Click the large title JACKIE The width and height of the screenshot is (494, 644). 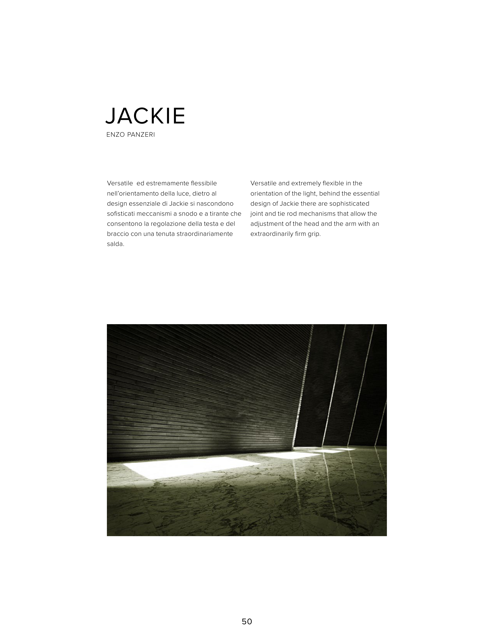click(145, 116)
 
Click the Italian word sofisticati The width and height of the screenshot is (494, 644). click(121, 214)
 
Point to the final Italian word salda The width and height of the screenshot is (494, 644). click(116, 244)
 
